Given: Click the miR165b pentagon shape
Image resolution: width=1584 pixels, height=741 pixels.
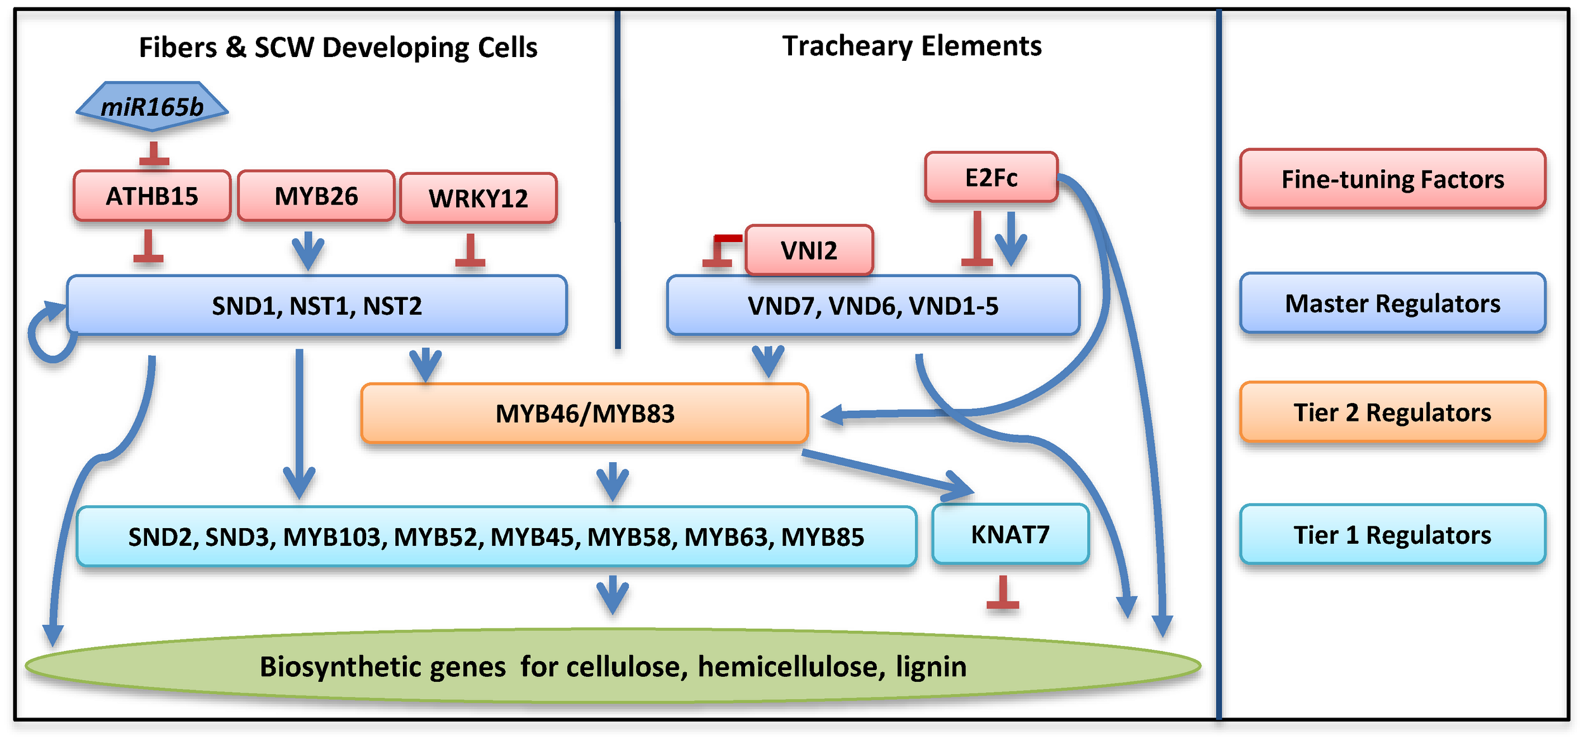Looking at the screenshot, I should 152,106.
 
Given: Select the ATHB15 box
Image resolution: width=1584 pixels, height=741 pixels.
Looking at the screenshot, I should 152,196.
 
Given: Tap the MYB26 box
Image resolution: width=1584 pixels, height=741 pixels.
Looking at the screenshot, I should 316,196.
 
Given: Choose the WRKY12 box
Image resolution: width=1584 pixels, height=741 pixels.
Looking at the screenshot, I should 478,198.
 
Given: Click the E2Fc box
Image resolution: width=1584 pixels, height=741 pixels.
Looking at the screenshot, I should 991,178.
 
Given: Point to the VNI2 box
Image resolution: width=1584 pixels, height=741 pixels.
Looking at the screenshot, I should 809,251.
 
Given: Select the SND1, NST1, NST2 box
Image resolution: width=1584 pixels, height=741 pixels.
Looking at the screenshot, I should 317,306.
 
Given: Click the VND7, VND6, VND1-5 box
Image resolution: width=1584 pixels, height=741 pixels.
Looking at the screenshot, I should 872,306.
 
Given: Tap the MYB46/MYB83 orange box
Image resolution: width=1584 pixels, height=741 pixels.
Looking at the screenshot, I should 584,414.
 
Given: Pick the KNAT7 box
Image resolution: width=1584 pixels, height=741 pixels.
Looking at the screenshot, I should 1010,534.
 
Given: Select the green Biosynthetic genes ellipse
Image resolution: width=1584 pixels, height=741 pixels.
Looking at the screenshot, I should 612,667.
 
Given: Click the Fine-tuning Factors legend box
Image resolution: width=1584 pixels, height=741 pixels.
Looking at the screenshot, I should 1392,179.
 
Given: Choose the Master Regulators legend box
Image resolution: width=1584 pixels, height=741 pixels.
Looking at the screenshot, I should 1392,303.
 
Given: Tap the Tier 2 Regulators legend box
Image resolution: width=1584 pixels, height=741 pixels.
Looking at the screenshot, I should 1392,412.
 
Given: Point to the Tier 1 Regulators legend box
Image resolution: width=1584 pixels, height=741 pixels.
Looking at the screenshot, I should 1392,535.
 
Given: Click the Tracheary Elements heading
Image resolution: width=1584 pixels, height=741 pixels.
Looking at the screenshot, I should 911,46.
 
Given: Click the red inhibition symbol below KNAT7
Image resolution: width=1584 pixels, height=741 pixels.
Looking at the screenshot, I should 1003,594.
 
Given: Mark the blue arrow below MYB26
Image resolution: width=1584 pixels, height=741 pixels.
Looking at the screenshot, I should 308,250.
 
